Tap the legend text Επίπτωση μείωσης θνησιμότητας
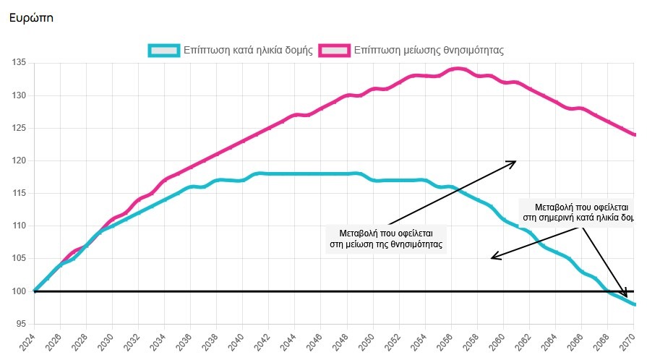coord(429,51)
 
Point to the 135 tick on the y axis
coord(19,63)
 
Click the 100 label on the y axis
coord(19,291)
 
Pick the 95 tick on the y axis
coord(21,324)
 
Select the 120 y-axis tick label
coord(19,160)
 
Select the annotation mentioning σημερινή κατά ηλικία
coord(578,211)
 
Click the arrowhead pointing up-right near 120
coord(513,163)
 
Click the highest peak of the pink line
coord(458,69)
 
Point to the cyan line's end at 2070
coord(634,304)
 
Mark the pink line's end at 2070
coord(634,134)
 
